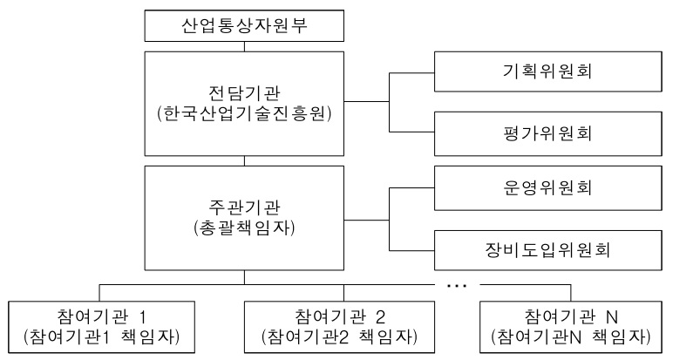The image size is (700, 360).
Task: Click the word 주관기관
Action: [x=244, y=207]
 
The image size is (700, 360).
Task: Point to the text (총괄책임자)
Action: [x=244, y=228]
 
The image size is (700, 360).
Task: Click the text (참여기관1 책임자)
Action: [x=104, y=336]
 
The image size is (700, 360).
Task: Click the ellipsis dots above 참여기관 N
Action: [x=457, y=284]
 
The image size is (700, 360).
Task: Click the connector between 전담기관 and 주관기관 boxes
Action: [x=244, y=160]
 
